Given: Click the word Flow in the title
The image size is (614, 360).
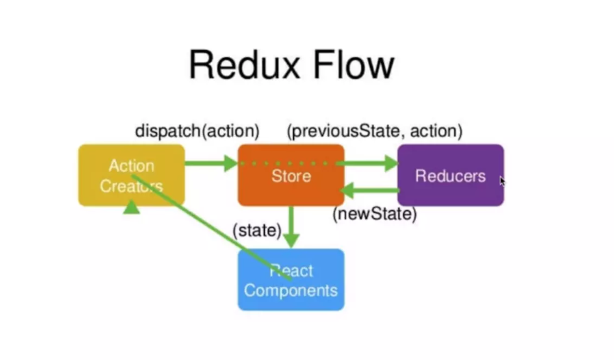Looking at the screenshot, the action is pos(353,65).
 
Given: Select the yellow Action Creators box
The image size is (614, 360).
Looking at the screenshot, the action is pos(131,175).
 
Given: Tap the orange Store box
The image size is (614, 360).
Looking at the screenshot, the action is pos(291,175).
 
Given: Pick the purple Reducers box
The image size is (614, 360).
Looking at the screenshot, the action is pos(451,175).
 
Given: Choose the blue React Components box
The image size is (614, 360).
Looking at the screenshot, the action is pos(291,280).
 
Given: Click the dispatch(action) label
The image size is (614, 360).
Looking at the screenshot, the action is pos(197,131).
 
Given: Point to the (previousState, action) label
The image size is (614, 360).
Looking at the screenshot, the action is pos(375,131).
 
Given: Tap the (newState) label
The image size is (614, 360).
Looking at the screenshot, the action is pos(375,214).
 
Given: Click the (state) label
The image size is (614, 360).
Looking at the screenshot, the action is pos(257,230).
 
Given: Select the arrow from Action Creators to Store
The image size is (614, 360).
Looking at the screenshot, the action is pos(212,163).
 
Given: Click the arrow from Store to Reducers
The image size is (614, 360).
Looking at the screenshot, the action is pos(367,163).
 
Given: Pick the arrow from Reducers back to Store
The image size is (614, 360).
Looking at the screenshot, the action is pos(370,191).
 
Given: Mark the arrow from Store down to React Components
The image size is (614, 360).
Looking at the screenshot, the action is pos(291,227).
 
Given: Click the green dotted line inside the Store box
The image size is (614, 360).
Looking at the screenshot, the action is pos(285,163).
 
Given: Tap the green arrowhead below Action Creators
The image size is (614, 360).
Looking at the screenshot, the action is pos(131,207).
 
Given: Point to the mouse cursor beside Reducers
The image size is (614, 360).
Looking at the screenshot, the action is pos(503,182).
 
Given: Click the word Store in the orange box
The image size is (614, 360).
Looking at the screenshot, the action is pos(291,176).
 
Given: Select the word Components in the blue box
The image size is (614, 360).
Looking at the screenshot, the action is pos(290,290).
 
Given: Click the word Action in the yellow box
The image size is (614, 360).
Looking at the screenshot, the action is pos(131,165).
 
